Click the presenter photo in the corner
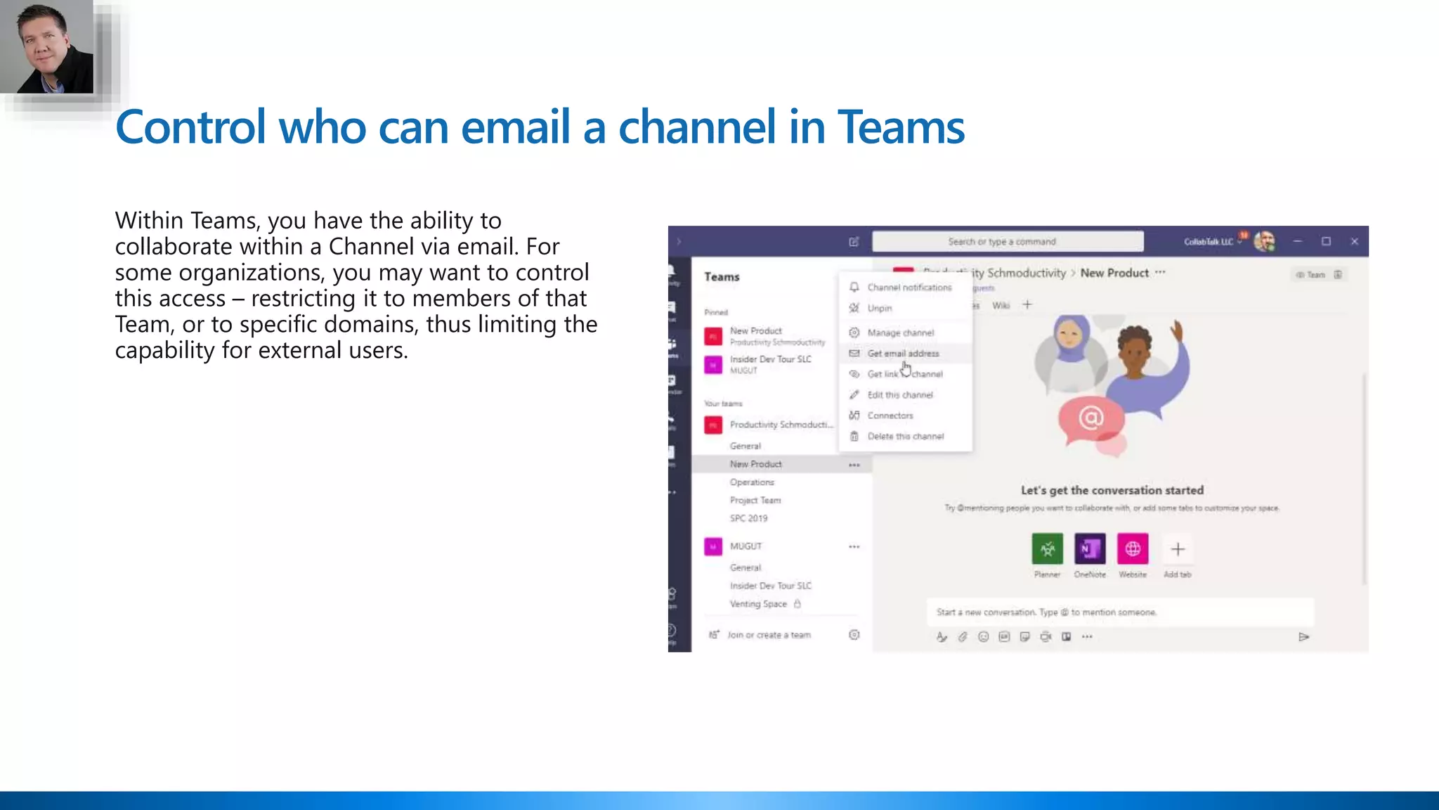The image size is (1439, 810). pyautogui.click(x=46, y=46)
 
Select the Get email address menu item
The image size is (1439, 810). pyautogui.click(x=903, y=354)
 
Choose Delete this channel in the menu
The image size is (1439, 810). pyautogui.click(x=905, y=437)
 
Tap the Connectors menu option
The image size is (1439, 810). pyautogui.click(x=890, y=416)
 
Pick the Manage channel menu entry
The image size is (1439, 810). pyautogui.click(x=900, y=333)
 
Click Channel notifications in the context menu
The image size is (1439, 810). pyautogui.click(x=909, y=288)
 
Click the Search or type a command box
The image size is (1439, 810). pyautogui.click(x=1007, y=242)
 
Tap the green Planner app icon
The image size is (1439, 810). pyautogui.click(x=1047, y=549)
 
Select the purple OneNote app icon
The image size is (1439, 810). pyautogui.click(x=1090, y=549)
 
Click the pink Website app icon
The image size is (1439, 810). pyautogui.click(x=1133, y=549)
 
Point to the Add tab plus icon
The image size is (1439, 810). pyautogui.click(x=1178, y=549)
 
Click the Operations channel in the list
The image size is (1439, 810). pyautogui.click(x=752, y=482)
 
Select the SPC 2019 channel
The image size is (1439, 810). pyautogui.click(x=748, y=518)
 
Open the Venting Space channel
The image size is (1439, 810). pyautogui.click(x=758, y=604)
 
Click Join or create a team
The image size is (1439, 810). pyautogui.click(x=769, y=635)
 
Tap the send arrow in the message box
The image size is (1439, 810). pyautogui.click(x=1303, y=637)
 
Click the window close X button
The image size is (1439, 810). pyautogui.click(x=1354, y=242)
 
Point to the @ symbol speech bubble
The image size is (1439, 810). pyautogui.click(x=1090, y=419)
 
